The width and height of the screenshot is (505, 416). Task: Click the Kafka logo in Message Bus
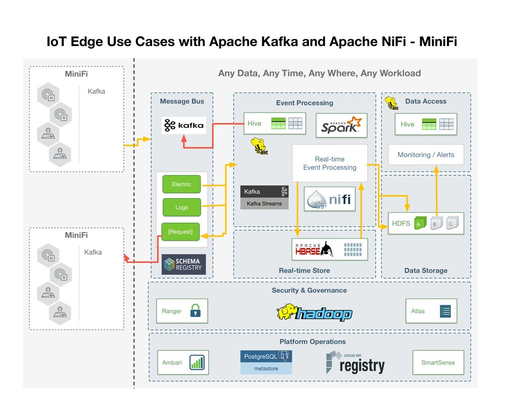[183, 125]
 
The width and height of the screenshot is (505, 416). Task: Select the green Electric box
[181, 184]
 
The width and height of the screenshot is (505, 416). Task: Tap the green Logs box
[181, 207]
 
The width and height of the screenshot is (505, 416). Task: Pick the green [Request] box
[180, 232]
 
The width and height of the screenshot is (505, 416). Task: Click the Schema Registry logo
[183, 264]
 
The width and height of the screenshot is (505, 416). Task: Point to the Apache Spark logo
[341, 125]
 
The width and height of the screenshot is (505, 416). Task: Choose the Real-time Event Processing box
[330, 163]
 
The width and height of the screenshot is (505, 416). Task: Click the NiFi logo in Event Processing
[330, 199]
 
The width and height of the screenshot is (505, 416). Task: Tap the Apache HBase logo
[314, 249]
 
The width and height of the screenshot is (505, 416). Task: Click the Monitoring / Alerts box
[426, 155]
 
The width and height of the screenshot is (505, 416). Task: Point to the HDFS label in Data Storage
[401, 223]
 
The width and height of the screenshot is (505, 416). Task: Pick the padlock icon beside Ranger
[195, 311]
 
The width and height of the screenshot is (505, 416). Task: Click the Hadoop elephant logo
[314, 313]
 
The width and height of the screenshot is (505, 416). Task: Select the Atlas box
[431, 311]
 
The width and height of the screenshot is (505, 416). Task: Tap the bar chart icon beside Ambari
[196, 362]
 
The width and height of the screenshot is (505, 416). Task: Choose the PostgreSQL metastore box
[266, 362]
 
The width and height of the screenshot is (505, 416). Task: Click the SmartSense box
[438, 362]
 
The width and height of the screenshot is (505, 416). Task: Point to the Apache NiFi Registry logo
[355, 362]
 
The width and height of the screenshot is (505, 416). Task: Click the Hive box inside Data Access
[426, 124]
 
